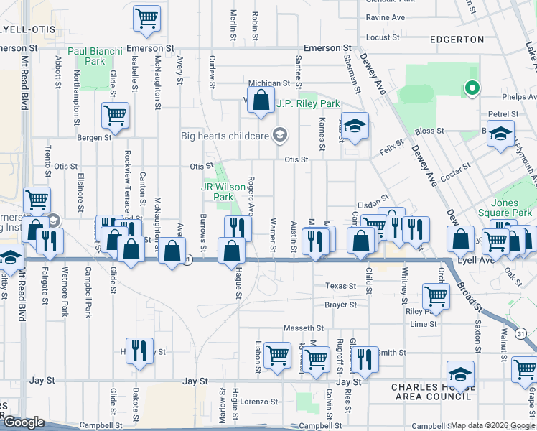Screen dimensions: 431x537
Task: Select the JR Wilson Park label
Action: (224, 191)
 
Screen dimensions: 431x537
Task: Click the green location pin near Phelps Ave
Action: (472, 89)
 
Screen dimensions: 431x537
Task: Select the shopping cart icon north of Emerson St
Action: (147, 17)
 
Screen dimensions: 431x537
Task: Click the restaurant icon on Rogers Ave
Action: (238, 228)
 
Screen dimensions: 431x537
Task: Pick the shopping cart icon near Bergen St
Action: (115, 113)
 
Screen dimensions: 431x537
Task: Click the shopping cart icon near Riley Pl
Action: (436, 294)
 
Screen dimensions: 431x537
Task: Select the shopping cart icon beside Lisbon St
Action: (277, 353)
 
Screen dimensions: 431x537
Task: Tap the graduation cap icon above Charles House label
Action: (460, 373)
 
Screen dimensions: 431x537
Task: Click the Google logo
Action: (24, 422)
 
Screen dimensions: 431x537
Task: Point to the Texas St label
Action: (340, 286)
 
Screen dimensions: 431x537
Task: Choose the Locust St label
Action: (383, 37)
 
